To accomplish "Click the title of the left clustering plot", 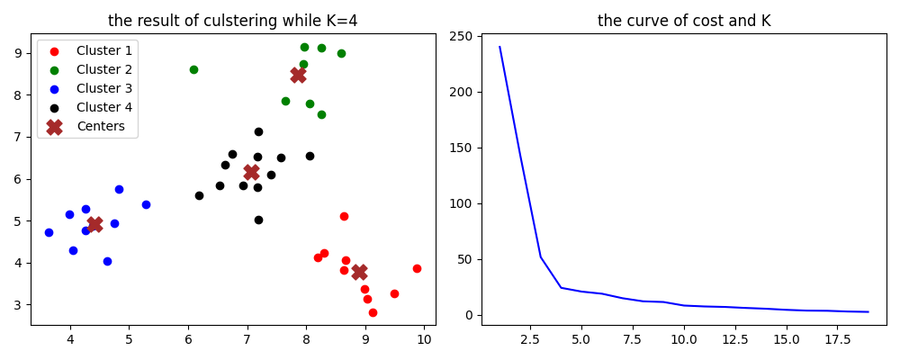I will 232,21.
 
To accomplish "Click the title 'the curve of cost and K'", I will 684,21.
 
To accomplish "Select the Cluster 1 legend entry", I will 103,50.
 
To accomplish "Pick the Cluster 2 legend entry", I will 103,69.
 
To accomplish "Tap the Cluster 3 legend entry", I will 103,88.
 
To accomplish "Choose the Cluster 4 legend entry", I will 103,107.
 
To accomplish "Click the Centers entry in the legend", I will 100,126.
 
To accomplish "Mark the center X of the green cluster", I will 298,75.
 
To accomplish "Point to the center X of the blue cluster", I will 94,224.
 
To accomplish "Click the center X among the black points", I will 251,172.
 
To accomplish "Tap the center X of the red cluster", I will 359,272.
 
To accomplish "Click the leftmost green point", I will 193,69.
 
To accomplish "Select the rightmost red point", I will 417,268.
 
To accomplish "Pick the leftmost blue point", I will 49,232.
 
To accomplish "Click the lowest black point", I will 258,220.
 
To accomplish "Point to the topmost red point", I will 344,216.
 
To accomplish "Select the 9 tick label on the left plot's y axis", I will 19,53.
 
